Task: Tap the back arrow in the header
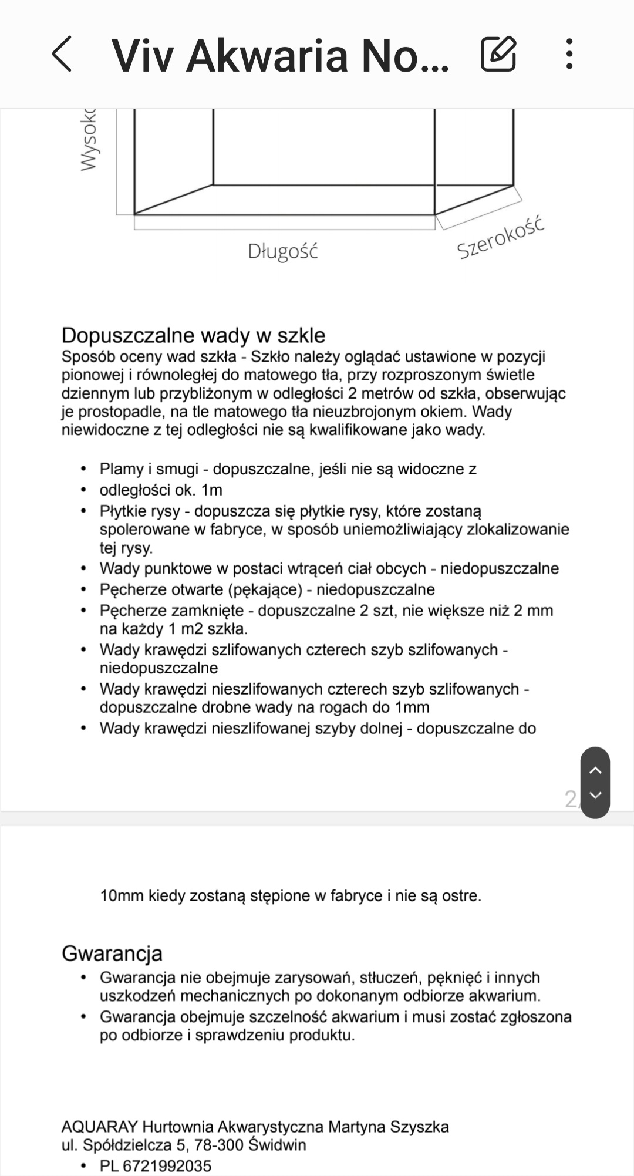63,54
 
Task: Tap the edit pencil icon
498,54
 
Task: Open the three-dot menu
569,54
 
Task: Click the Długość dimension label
283,251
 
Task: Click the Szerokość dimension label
501,238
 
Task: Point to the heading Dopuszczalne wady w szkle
193,335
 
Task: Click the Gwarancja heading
112,953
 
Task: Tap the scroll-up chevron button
595,770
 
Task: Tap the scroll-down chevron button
595,796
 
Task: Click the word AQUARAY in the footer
99,1127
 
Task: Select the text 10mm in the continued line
122,896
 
